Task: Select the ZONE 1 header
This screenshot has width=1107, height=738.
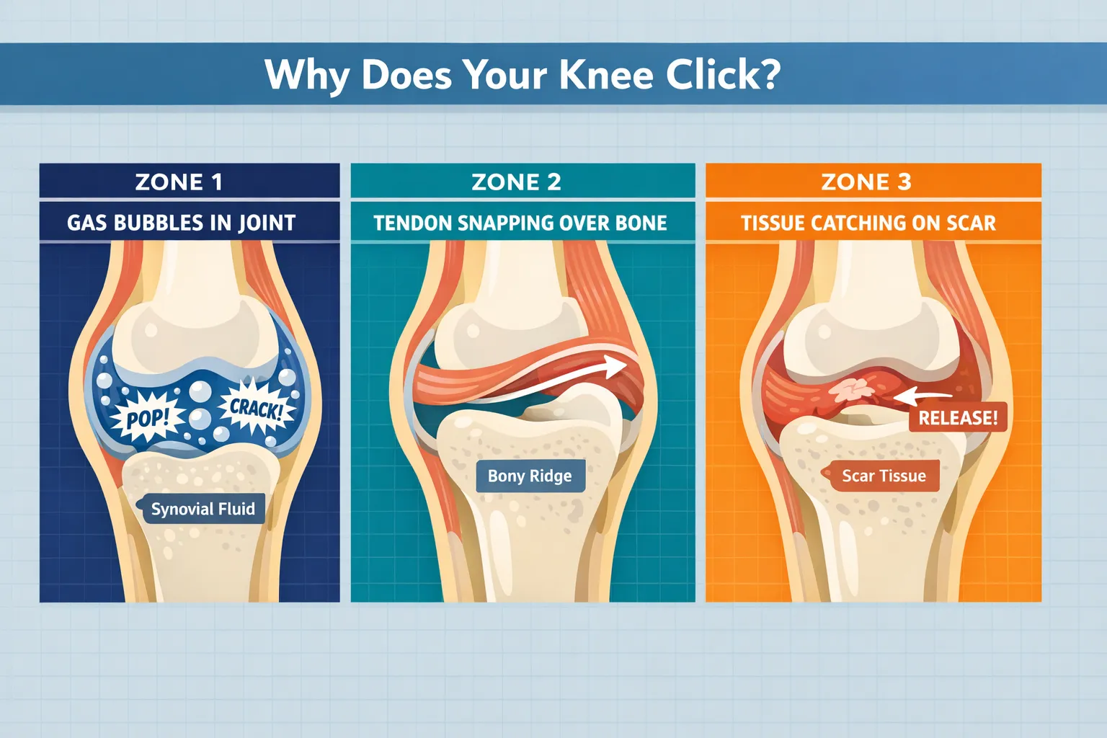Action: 179,182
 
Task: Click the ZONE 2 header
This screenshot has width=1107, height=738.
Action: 517,182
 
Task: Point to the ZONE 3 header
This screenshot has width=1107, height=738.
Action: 866,182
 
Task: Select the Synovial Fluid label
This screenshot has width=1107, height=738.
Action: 203,509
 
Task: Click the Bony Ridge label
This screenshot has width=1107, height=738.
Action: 530,476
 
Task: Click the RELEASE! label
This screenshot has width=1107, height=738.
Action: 958,418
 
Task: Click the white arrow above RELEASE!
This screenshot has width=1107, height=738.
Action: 922,396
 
